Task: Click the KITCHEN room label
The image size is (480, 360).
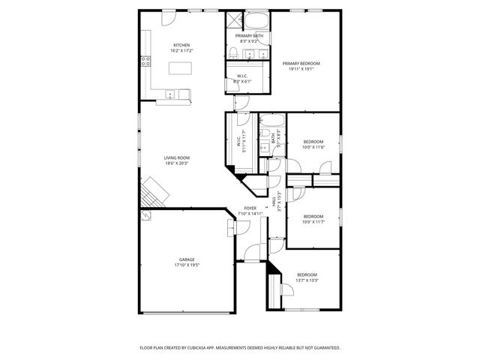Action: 181,45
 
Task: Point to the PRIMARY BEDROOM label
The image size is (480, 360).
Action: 301,64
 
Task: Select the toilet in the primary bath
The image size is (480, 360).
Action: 233,52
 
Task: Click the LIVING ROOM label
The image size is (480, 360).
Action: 177,157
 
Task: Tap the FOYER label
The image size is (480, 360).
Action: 250,208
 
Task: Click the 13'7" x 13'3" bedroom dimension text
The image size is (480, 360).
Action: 307,280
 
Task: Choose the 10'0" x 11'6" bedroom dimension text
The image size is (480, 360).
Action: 313,147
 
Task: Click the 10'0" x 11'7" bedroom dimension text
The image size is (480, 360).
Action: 313,221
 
